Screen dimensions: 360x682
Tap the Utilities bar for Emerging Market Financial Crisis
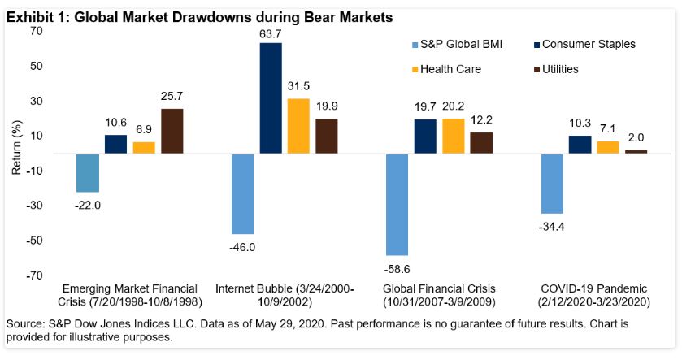[172, 131]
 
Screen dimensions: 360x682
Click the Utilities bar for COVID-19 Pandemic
[636, 151]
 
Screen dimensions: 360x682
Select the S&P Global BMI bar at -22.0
[88, 172]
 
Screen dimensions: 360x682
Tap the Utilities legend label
[557, 69]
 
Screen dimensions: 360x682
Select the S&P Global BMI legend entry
[456, 44]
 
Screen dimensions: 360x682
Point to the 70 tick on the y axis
[36, 31]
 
